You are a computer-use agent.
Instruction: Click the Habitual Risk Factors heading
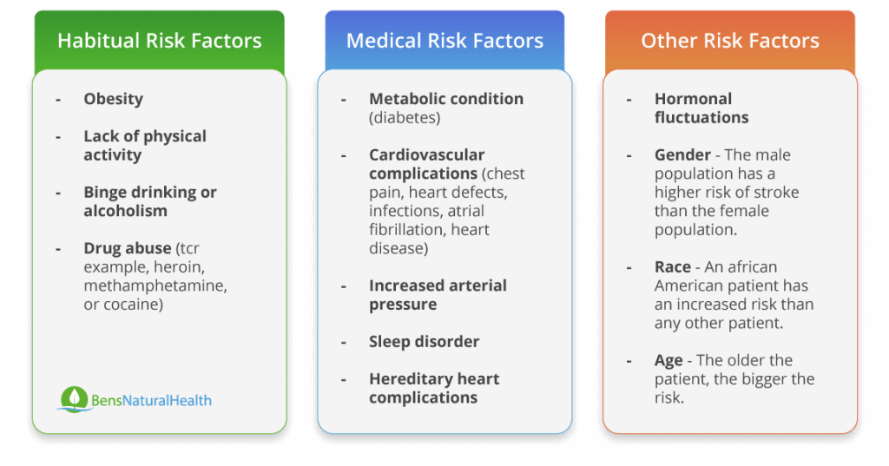tap(160, 41)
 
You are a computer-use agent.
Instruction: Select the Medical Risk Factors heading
tap(444, 41)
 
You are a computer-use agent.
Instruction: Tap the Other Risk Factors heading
tap(730, 41)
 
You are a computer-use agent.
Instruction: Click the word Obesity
tap(114, 99)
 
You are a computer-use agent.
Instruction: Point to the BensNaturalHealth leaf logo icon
tap(74, 399)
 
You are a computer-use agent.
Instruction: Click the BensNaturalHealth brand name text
tap(151, 401)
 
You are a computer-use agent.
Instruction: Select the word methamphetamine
tap(155, 286)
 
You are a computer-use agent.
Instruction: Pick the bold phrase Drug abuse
tap(128, 248)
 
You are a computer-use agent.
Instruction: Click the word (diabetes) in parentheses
tap(405, 118)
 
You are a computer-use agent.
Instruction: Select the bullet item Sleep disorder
tap(424, 342)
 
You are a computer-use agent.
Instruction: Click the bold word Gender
tap(682, 154)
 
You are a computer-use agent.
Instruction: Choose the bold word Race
tap(673, 267)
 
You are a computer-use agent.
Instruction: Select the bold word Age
tap(668, 361)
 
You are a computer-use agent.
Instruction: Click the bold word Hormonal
tap(694, 99)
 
